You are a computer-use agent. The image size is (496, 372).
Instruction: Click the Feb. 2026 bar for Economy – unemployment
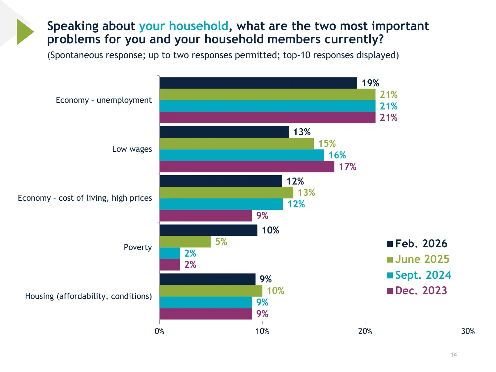pos(258,83)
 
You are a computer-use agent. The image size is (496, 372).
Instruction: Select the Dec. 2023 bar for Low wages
pos(247,167)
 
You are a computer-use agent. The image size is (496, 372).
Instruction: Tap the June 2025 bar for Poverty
pos(185,242)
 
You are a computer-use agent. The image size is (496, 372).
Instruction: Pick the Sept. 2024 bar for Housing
pos(206,302)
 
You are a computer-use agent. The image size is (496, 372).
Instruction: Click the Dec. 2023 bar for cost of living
pos(206,216)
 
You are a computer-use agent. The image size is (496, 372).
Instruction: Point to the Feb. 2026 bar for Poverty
pos(208,230)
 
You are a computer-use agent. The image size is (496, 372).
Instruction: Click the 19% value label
pos(370,83)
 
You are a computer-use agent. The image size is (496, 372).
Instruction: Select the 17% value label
pos(348,167)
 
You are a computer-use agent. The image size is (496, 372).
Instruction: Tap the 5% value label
pos(221,242)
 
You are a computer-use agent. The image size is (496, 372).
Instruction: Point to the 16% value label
pos(337,155)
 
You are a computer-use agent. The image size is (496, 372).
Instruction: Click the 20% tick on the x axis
pos(365,331)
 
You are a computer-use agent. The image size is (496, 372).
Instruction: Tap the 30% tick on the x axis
pos(468,331)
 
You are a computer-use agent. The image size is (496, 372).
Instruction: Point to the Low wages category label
pos(132,149)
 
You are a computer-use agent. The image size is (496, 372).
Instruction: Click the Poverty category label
pos(138,247)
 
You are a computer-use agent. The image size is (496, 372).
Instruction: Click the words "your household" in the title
pos(184,26)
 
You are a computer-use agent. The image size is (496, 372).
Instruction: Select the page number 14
pos(454,355)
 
